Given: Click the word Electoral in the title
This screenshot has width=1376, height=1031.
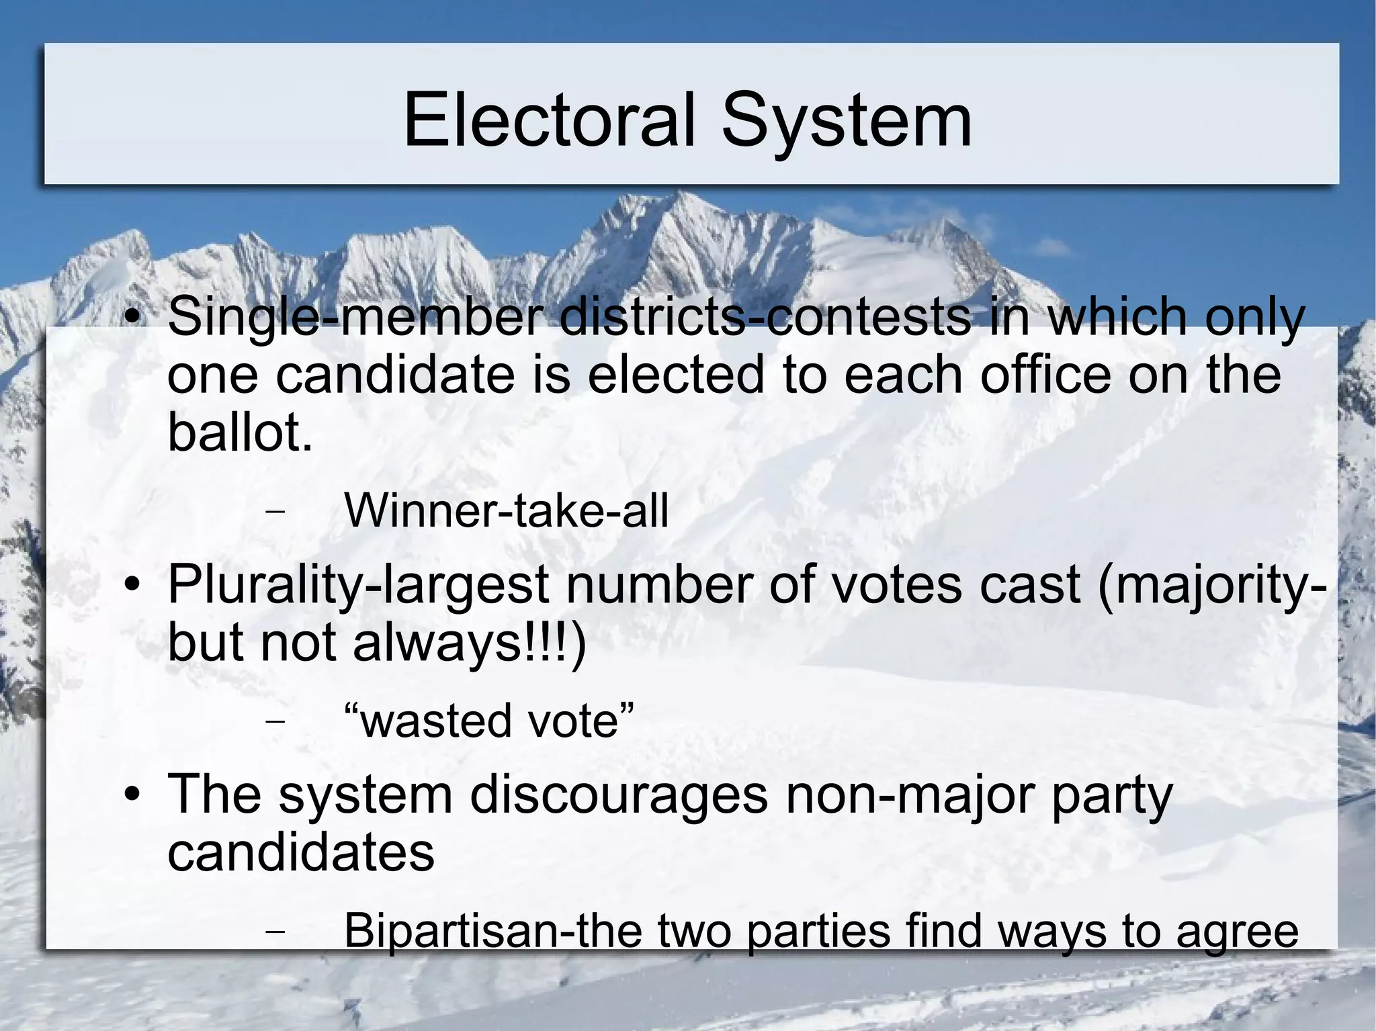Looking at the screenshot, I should click(x=548, y=120).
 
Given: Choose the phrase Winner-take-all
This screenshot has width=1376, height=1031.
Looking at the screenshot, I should click(x=506, y=511).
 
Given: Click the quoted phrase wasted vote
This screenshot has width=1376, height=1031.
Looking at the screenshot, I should click(x=488, y=721).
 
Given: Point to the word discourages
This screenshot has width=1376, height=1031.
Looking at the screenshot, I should click(x=618, y=795).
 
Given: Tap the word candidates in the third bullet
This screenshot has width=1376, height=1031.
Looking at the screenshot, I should click(x=301, y=852).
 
